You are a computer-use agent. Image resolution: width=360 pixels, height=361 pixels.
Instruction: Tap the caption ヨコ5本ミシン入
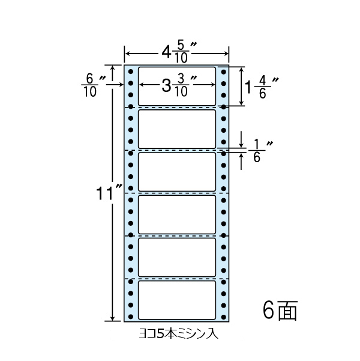coord(178,331)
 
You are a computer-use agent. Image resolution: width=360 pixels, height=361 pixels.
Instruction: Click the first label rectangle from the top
coord(177,86)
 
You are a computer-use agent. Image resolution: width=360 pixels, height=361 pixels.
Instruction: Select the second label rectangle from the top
coord(177,129)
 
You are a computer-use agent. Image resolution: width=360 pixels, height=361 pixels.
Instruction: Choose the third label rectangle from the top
coord(177,171)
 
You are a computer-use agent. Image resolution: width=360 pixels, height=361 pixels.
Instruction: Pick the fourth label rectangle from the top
coord(177,214)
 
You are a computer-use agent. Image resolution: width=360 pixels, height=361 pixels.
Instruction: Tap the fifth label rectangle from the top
coord(177,257)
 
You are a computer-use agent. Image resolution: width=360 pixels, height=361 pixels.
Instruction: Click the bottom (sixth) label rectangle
coord(177,300)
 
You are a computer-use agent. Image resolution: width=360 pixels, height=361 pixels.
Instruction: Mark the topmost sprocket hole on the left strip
coord(131,71)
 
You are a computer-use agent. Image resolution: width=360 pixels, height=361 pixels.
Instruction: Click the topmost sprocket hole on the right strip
coord(223,71)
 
